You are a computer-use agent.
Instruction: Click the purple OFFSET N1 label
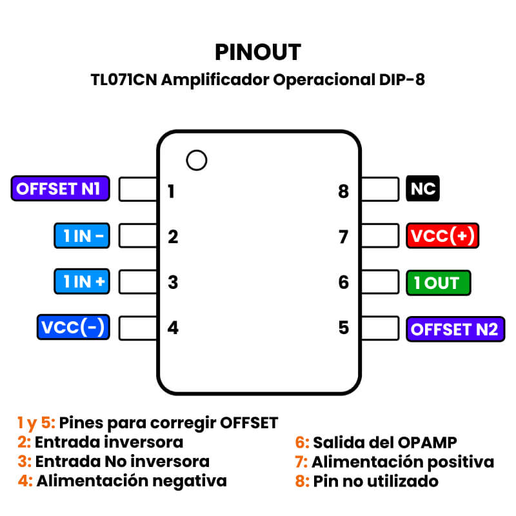[59, 189]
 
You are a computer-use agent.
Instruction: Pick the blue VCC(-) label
[72, 327]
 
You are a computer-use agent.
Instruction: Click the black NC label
[422, 190]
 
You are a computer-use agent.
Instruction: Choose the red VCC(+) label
[442, 236]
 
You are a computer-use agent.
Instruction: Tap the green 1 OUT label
[438, 283]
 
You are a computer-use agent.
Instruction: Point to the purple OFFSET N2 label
[455, 329]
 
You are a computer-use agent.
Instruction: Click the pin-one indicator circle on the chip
[196, 160]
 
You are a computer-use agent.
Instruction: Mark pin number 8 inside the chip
[343, 192]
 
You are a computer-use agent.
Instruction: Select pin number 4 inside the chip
[173, 328]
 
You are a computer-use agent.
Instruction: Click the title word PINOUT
[258, 52]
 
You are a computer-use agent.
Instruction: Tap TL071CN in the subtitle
[124, 81]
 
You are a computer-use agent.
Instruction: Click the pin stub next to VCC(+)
[380, 236]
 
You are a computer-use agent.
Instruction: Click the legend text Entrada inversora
[109, 442]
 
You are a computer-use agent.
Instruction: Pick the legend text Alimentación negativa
[132, 481]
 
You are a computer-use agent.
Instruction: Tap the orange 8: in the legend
[303, 481]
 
